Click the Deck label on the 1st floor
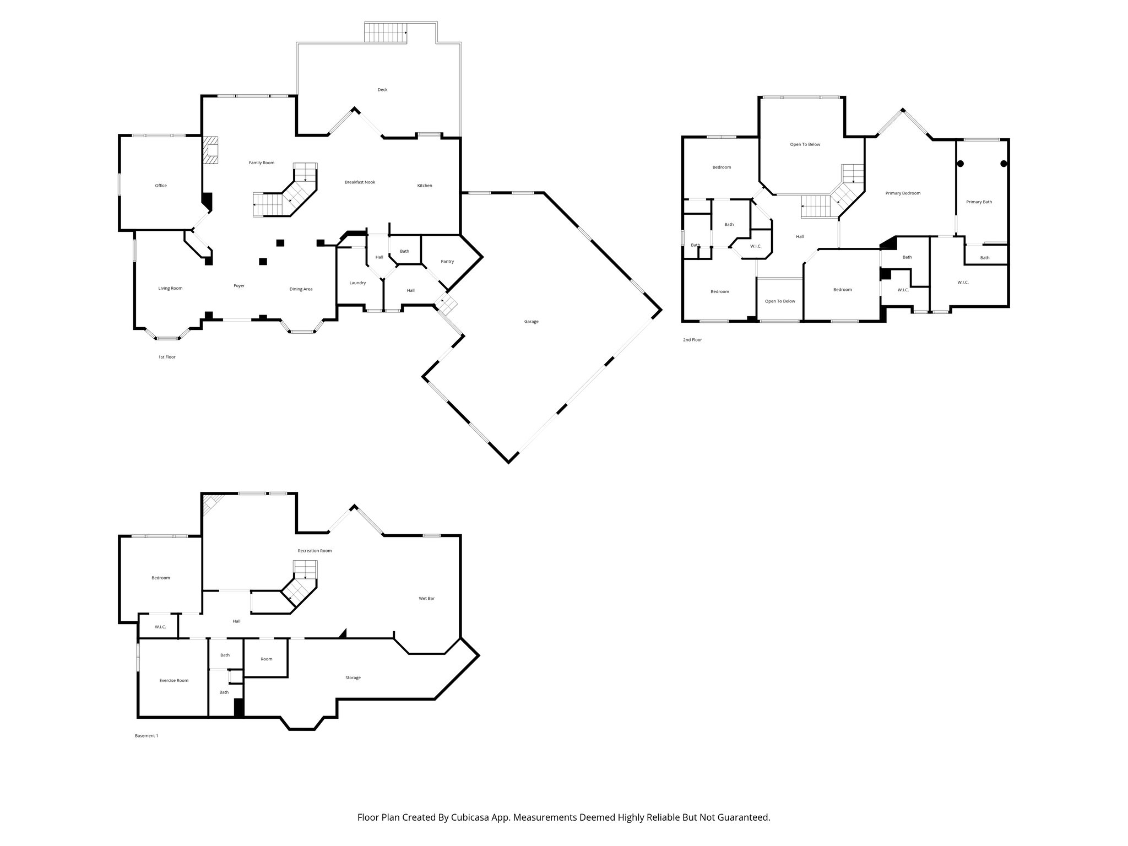[x=382, y=90]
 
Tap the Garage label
[x=531, y=322]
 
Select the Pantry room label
[x=447, y=262]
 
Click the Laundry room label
[x=357, y=283]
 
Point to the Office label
[x=161, y=186]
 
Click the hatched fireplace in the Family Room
[x=210, y=150]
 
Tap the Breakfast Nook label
[x=360, y=182]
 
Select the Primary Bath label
[x=979, y=202]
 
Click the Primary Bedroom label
[x=903, y=193]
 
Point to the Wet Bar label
[x=426, y=598]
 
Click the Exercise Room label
[x=173, y=680]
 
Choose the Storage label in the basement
[x=352, y=677]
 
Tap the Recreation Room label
[x=314, y=551]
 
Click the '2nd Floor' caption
[x=692, y=340]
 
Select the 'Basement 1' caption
[x=147, y=735]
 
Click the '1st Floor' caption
[x=167, y=357]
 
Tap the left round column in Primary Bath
[x=960, y=164]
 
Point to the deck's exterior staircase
[x=386, y=32]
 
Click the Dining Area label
[x=301, y=289]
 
